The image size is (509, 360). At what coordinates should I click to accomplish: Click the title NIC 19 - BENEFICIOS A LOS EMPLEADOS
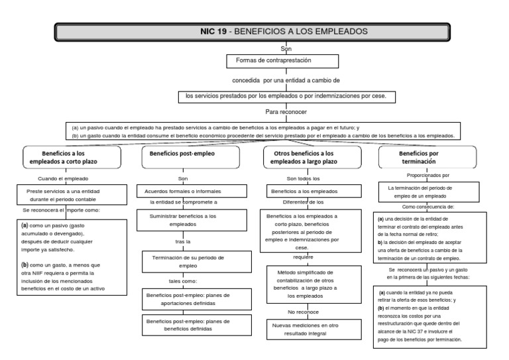pyautogui.click(x=284, y=31)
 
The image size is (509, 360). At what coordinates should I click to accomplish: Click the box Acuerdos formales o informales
pyautogui.click(x=182, y=191)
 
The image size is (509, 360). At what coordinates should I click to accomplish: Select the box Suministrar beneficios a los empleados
pyautogui.click(x=182, y=220)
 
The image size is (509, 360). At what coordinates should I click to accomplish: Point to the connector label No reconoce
pyautogui.click(x=303, y=311)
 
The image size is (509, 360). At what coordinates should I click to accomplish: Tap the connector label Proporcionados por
pyautogui.click(x=427, y=175)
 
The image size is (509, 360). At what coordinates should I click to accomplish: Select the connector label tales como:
pyautogui.click(x=182, y=281)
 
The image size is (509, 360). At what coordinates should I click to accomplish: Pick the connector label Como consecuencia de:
pyautogui.click(x=427, y=207)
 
